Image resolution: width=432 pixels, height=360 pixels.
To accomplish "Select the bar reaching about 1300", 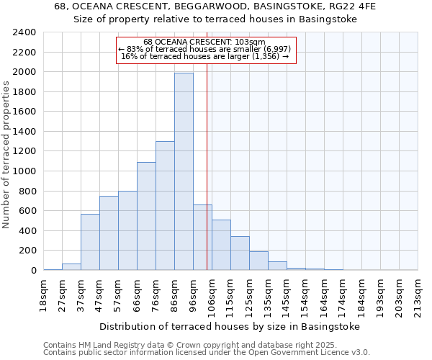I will pos(165,205).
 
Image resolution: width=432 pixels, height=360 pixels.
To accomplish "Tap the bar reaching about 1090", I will pos(146,216).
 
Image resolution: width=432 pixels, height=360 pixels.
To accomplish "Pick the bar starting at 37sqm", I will pos(90,242).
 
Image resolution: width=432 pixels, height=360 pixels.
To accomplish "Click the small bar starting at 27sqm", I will pos(71,266).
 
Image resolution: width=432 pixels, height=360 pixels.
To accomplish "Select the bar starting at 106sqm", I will pos(221,245).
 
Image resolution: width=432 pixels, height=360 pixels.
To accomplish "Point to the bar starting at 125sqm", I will pos(258,261).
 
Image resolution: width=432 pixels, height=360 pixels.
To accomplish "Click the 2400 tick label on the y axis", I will pos(25,32).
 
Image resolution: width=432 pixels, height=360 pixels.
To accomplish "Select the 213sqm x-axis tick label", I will pos(418,295).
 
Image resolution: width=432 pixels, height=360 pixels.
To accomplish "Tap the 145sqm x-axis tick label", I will pos(287,295).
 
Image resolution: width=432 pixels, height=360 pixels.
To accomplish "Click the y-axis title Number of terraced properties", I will pos(7,154).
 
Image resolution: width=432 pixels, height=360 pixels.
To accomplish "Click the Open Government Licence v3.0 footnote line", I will pos(207,352).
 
